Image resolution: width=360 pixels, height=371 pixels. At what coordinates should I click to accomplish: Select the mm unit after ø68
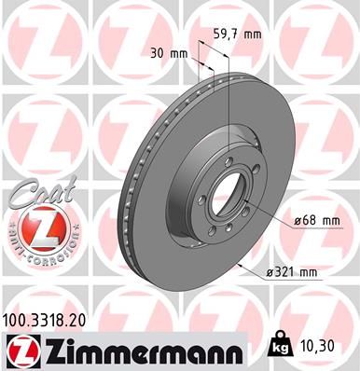[x=329, y=220]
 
